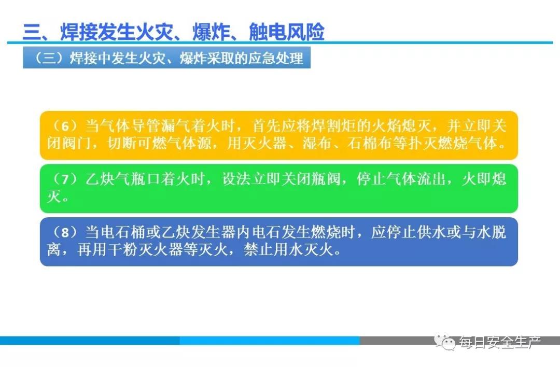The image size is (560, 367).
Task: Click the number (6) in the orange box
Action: tap(65, 126)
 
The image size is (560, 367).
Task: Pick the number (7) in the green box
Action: tap(65, 179)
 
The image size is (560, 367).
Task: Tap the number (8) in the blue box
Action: tap(65, 232)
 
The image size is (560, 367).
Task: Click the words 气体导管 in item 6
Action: tap(130, 126)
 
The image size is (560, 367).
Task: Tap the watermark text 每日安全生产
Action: tap(500, 342)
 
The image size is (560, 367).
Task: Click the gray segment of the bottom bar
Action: tap(459, 341)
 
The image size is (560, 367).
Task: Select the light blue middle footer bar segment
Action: tap(269, 341)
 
